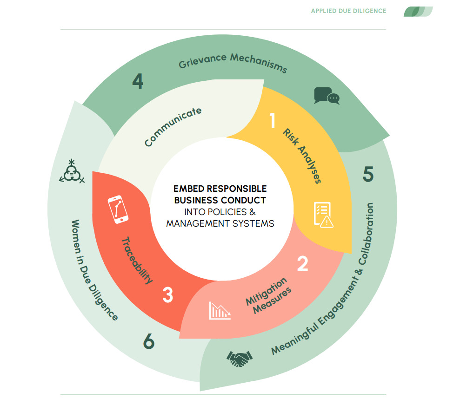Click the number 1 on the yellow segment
coord(273,120)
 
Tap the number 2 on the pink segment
coord(302,264)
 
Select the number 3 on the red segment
coord(168,295)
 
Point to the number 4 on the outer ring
coord(137,82)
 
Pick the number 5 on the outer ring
coord(368,175)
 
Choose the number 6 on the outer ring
coord(148,342)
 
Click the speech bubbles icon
coord(327,96)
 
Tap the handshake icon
coord(239,358)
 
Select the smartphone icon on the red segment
coord(118,209)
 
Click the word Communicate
coord(173,127)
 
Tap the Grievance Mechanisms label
coord(233,63)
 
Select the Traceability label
coord(137,260)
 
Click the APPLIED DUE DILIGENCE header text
coord(348,11)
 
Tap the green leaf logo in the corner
coord(418,11)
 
